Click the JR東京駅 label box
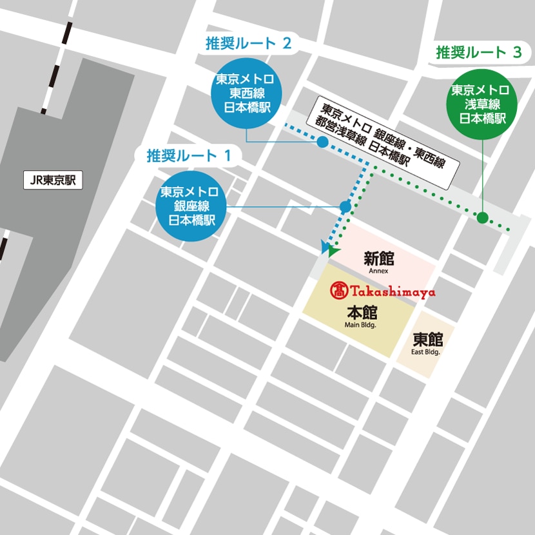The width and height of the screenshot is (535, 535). tap(53, 180)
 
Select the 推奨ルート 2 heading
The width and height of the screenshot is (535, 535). tap(249, 43)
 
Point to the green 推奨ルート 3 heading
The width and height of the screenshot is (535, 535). tap(479, 52)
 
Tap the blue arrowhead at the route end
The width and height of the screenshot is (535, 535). tap(323, 246)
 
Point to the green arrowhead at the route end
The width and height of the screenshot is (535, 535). tap(334, 251)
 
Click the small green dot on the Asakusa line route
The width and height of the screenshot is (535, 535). tap(482, 218)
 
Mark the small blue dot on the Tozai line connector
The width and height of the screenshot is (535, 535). tap(322, 142)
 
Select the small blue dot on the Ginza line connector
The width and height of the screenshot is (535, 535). tap(345, 207)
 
